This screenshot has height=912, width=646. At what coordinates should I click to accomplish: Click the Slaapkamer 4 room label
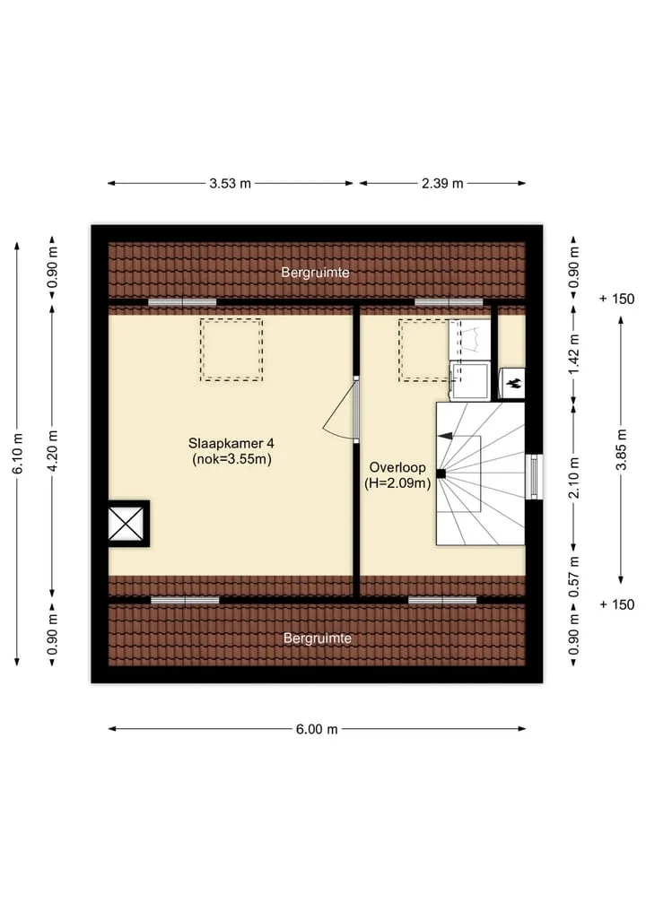[231, 451]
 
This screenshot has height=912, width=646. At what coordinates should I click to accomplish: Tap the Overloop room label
[397, 474]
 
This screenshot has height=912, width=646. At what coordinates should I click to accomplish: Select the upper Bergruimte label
[315, 273]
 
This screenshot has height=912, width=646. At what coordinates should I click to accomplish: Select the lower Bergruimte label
[318, 638]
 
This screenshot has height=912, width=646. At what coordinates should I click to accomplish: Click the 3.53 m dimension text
[230, 183]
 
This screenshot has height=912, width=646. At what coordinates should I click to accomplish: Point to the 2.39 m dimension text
[442, 183]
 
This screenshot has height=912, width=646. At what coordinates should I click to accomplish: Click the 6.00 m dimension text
[317, 729]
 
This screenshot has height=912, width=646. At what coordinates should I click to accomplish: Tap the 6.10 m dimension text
[17, 454]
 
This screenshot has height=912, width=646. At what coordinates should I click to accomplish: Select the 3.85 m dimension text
[621, 449]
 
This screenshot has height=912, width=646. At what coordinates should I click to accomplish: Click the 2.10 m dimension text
[574, 477]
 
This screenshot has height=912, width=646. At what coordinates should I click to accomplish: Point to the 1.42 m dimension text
[574, 354]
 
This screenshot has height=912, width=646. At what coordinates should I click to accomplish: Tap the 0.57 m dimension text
[574, 577]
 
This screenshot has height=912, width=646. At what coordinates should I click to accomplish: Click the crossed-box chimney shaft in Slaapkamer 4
[127, 524]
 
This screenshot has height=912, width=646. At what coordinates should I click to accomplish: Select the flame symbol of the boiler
[513, 383]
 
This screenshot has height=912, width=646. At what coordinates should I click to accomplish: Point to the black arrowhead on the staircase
[445, 436]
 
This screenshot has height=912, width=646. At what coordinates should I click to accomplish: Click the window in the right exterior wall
[534, 476]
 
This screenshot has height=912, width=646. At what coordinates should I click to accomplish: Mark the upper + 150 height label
[617, 299]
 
